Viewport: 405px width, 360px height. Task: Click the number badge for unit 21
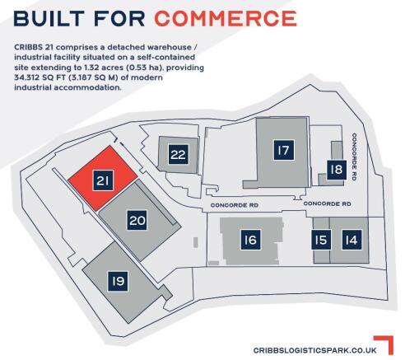(x=103, y=180)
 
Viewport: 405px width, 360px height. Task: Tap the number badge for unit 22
(x=179, y=154)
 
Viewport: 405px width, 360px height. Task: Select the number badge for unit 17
(x=284, y=150)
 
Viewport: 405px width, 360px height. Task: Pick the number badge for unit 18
(x=337, y=170)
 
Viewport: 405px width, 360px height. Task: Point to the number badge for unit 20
(x=137, y=220)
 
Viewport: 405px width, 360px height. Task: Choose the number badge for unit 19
(x=118, y=281)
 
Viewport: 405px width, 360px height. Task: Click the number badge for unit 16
(x=250, y=240)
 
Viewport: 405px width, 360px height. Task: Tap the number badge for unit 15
(x=321, y=240)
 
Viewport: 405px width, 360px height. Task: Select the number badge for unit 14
(x=351, y=240)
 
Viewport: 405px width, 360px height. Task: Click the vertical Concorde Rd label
(x=354, y=157)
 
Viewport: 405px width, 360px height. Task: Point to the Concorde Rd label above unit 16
(x=235, y=205)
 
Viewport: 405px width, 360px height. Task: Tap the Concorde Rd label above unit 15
(x=327, y=203)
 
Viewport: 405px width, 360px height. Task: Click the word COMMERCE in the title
(x=226, y=19)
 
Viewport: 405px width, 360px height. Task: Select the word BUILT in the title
(x=49, y=19)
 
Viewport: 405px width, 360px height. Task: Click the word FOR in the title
(x=119, y=19)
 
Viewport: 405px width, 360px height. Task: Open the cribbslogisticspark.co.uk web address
(x=315, y=350)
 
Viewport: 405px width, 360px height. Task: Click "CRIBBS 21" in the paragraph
(x=34, y=47)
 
